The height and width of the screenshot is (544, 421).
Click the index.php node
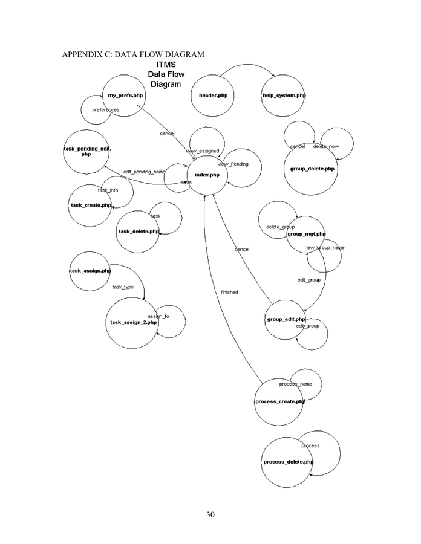coord(207,175)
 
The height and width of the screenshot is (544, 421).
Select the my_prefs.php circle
coord(125,96)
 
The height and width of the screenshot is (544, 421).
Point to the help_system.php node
coord(284,96)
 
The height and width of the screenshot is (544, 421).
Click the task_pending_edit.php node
coord(87,151)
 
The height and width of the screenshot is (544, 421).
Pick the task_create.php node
coord(91,206)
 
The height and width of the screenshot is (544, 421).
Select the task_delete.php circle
coord(139,232)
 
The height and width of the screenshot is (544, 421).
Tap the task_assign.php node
coord(90,271)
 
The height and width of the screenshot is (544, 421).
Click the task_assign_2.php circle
coord(133,323)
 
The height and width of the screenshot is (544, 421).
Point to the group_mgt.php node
coord(306,234)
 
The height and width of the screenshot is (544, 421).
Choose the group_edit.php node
coord(286,319)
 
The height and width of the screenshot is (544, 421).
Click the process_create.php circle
coord(279,401)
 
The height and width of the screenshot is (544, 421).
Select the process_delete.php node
coord(287,462)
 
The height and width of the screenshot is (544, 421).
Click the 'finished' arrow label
coord(229,293)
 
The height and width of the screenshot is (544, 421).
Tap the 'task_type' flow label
coord(123,287)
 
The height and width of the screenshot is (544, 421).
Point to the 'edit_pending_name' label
coord(144,172)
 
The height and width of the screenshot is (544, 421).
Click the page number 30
coord(211,515)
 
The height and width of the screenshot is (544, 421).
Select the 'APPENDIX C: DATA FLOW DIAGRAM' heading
coord(132,54)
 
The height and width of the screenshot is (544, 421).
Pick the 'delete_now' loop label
coord(330,146)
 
